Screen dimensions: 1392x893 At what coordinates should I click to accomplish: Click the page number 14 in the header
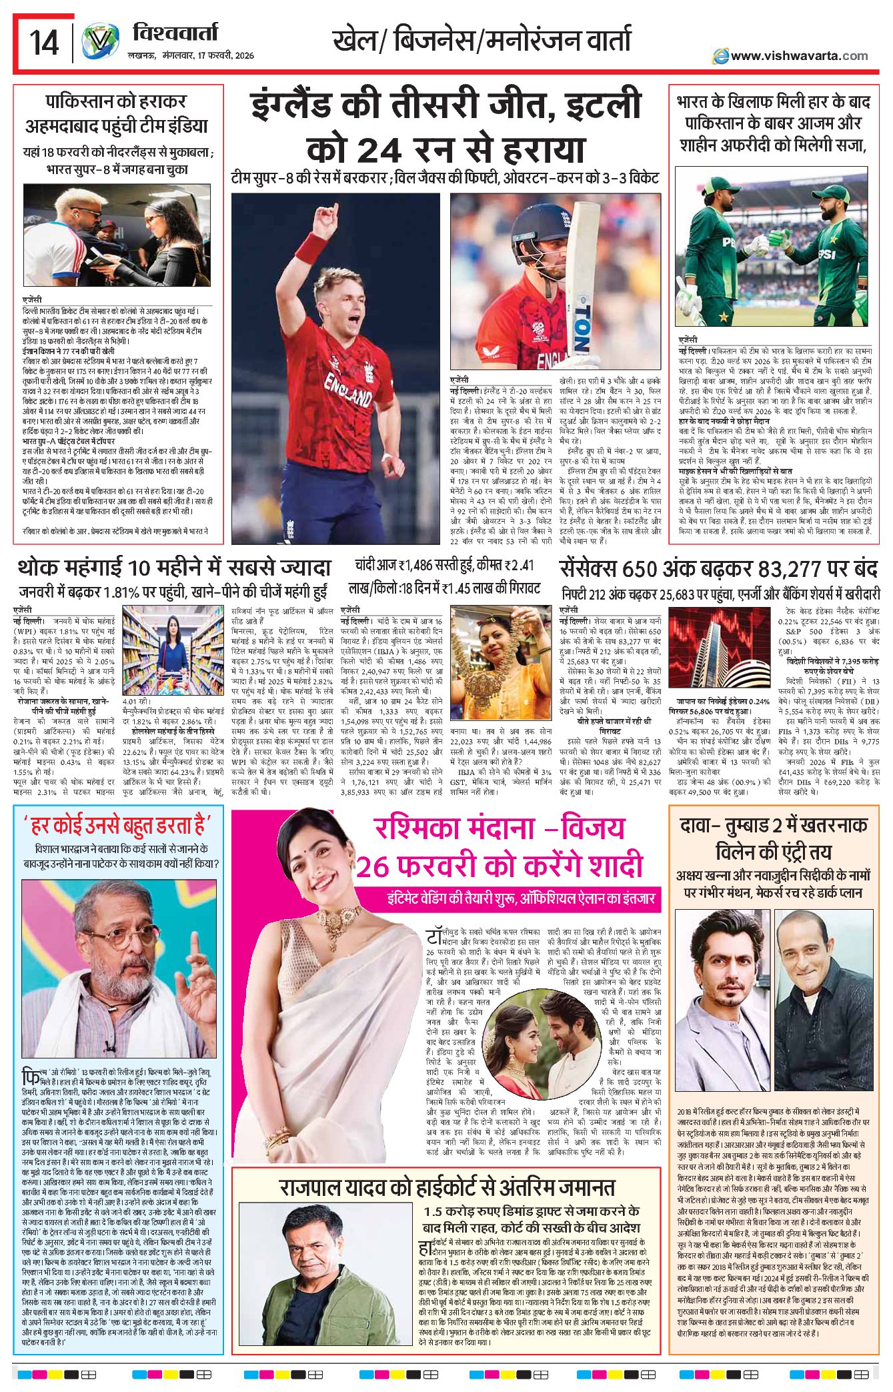pos(44,43)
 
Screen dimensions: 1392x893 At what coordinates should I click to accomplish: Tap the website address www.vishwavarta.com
pos(798,56)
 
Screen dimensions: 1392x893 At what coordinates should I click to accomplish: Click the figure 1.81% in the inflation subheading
pos(135,592)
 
